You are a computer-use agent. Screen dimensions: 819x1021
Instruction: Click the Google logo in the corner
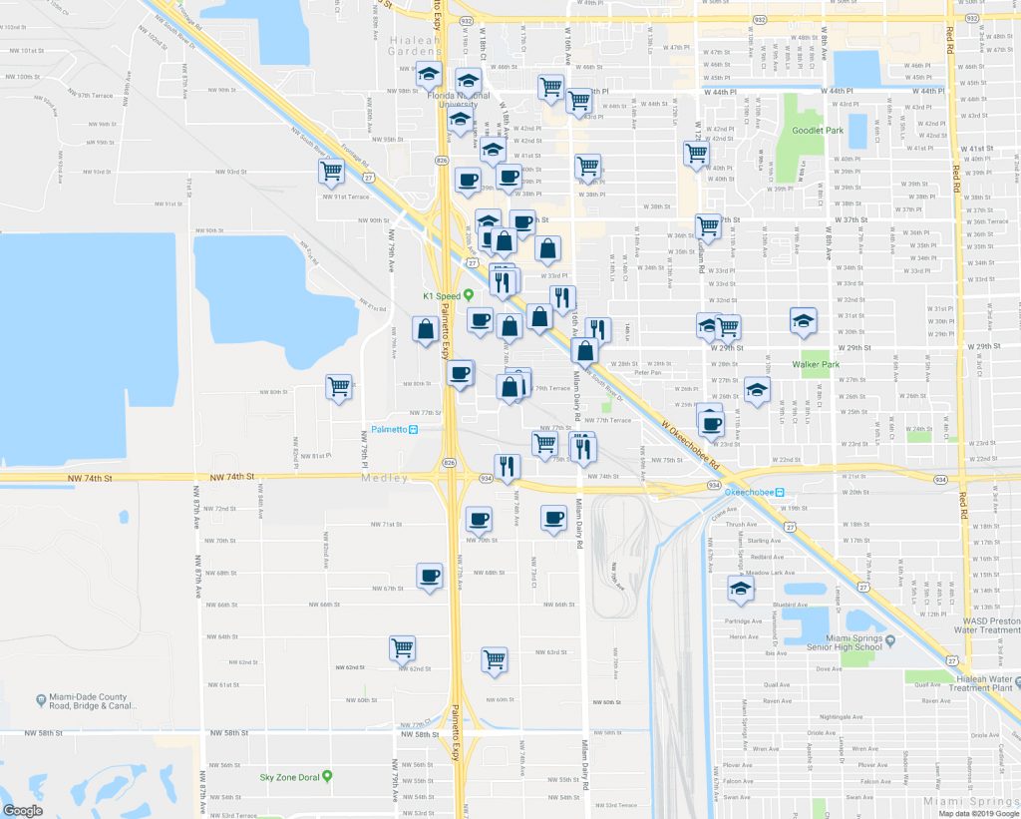pos(22,810)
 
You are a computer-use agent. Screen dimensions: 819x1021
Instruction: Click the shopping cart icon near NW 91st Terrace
pos(332,172)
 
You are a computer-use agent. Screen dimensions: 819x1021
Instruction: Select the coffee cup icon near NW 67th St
pos(430,576)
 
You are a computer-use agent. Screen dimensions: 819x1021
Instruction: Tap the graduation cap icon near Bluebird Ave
pos(740,589)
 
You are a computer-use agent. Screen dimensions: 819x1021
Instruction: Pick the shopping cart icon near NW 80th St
pos(339,386)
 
